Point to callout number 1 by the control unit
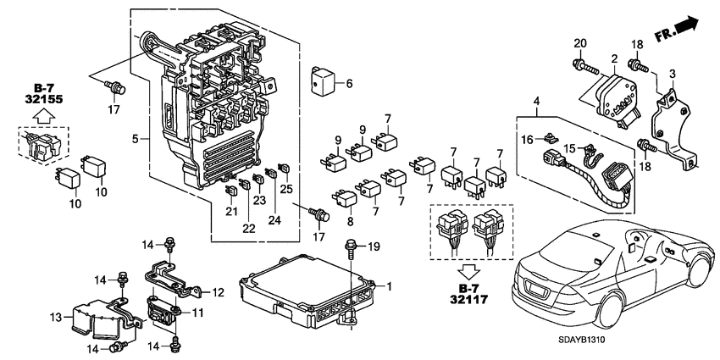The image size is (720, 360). [390, 286]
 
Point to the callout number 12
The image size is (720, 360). [217, 292]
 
